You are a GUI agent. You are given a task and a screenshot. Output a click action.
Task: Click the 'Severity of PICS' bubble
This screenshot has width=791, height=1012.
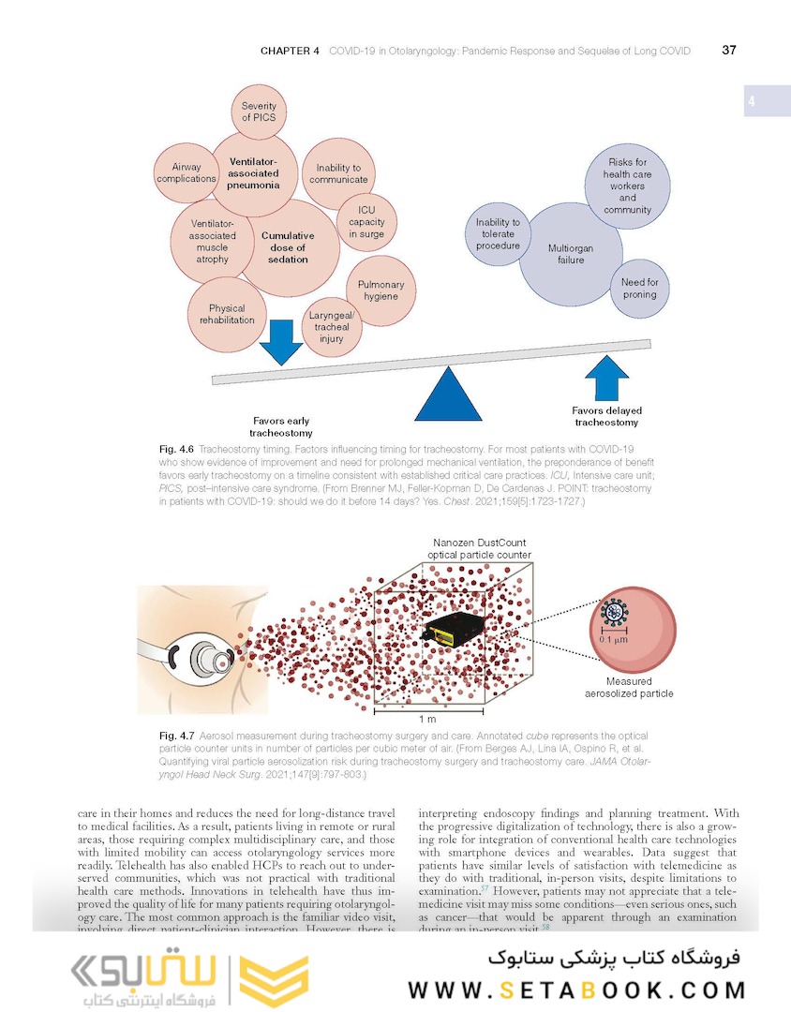coord(260,112)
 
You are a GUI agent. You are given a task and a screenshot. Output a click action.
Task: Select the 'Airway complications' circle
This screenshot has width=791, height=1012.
coord(187,173)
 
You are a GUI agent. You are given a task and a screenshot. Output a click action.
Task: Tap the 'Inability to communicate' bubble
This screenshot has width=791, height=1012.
coord(338,173)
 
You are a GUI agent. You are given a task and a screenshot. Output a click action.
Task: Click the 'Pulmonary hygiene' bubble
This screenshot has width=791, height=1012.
coord(381,290)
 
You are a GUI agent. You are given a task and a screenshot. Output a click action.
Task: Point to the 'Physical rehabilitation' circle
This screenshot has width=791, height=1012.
coord(227,314)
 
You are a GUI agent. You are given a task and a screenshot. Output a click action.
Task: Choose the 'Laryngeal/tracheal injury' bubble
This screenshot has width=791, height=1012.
coord(329,327)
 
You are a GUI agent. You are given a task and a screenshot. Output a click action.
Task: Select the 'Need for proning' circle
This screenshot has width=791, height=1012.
coord(640,289)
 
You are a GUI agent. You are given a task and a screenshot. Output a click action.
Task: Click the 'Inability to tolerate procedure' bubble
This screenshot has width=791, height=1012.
coord(498,234)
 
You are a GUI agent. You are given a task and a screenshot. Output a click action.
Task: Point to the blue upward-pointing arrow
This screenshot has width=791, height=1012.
coord(606,379)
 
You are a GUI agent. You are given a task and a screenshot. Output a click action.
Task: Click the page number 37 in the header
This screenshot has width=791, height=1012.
coord(728,51)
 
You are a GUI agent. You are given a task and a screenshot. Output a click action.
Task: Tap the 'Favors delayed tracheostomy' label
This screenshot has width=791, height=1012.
coord(606,416)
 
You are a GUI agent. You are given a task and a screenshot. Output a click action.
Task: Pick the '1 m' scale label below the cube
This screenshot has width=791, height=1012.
coord(427,719)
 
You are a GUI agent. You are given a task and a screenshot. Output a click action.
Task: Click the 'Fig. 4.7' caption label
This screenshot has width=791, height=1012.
coord(176,737)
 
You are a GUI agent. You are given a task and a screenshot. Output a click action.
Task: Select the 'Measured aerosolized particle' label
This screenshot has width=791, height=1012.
coord(628,688)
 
